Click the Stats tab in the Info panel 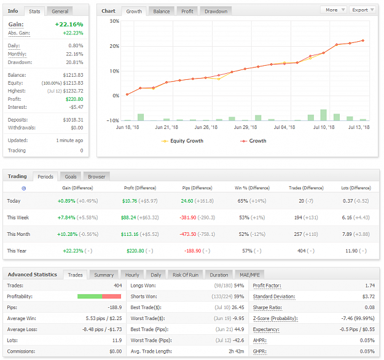pos(34,11)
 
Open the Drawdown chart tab pos(216,11)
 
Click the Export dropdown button pos(363,10)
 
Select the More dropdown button pos(334,10)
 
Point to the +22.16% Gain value pos(69,24)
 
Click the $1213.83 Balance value pos(73,75)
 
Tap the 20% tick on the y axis pos(114,46)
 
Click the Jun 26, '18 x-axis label pos(206,127)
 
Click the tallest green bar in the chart pos(324,115)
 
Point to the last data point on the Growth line pos(362,41)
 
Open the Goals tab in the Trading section pos(71,176)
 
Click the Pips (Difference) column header pos(197,188)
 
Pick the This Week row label pos(18,217)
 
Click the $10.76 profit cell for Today pos(130,201)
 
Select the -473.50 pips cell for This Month pos(188,234)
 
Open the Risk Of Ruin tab pos(186,275)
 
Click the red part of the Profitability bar pos(111,296)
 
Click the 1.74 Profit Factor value pos(370,286)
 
